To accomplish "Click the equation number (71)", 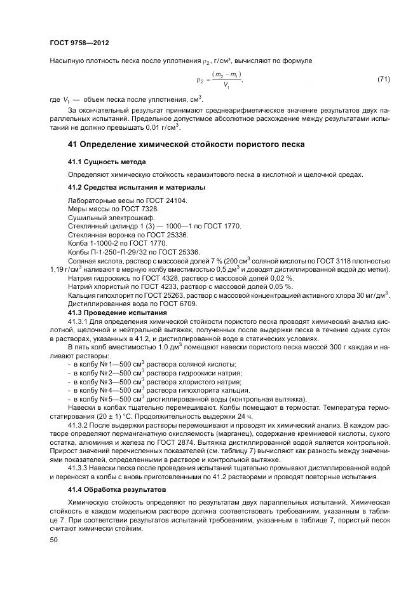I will click(383, 79).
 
